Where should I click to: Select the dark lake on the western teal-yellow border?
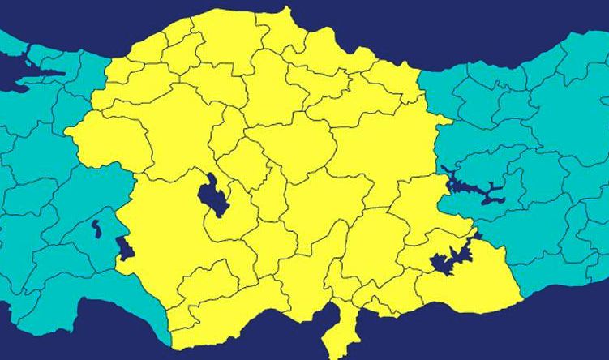pos(124,247)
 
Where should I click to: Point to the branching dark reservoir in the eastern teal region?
pos(470,189)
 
